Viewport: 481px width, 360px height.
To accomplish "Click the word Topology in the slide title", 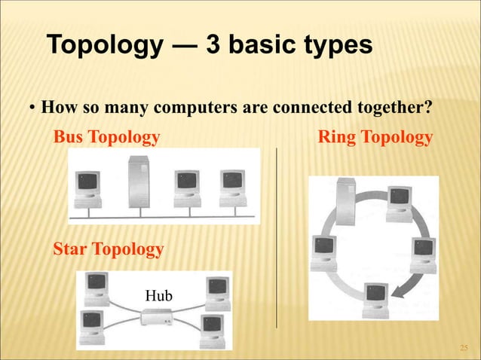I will pyautogui.click(x=106, y=45).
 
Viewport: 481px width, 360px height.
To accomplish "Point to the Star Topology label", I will pyautogui.click(x=108, y=249).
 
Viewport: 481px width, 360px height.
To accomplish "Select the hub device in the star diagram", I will pyautogui.click(x=157, y=318).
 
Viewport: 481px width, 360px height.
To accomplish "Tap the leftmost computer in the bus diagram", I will pyautogui.click(x=88, y=188).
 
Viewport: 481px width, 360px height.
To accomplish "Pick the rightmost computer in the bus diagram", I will pyautogui.click(x=231, y=187).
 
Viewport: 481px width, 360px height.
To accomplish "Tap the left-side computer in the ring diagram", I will pyautogui.click(x=324, y=251).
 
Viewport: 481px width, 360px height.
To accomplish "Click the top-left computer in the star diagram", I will pyautogui.click(x=97, y=287).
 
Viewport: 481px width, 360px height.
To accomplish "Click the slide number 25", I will pyautogui.click(x=464, y=346).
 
